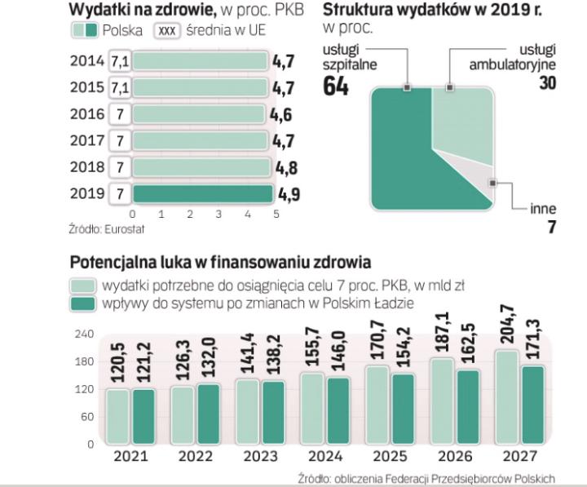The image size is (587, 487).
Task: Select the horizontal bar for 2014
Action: (200, 61)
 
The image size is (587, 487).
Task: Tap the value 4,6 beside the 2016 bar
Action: (281, 114)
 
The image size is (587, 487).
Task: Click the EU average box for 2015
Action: (120, 87)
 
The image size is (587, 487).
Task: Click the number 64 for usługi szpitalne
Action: (337, 86)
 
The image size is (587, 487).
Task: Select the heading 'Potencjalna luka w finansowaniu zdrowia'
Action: (219, 263)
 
